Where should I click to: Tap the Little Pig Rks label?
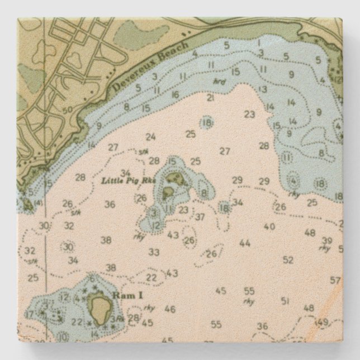pyautogui.click(x=124, y=180)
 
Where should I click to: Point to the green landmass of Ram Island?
pyautogui.click(x=101, y=307)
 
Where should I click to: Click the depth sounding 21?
pyautogui.click(x=210, y=97)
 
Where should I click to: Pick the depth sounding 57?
pyautogui.click(x=335, y=280)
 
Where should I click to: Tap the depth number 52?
pyautogui.click(x=288, y=259)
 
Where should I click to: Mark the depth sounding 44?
pyautogui.click(x=244, y=243)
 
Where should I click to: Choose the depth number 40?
pyautogui.click(x=269, y=226)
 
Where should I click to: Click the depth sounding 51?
pyautogui.click(x=285, y=301)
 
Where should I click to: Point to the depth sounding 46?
pyautogui.click(x=170, y=309)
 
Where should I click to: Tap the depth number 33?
pyautogui.click(x=154, y=252)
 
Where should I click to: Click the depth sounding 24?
pyautogui.click(x=150, y=136)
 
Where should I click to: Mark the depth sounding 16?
pyautogui.click(x=176, y=94)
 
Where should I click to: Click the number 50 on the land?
pyautogui.click(x=68, y=110)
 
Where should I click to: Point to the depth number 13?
pyautogui.click(x=262, y=88)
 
